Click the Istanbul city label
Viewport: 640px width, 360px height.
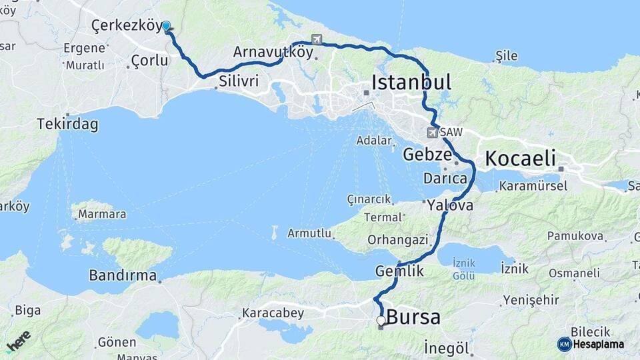(x=411, y=83)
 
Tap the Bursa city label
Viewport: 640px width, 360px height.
(x=413, y=318)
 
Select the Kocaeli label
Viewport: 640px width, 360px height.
(x=520, y=159)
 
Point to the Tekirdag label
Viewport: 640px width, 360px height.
(x=68, y=124)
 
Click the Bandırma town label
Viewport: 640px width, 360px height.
(x=123, y=275)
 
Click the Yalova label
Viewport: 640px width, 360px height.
(x=451, y=205)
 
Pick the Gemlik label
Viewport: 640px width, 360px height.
(x=400, y=271)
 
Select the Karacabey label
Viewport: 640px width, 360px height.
(x=273, y=313)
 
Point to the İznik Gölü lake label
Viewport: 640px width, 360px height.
(x=463, y=269)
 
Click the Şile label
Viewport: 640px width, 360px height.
(x=507, y=56)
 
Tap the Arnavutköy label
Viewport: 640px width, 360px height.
(x=273, y=52)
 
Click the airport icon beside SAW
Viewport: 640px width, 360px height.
(x=432, y=133)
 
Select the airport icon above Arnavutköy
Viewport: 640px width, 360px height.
(x=316, y=39)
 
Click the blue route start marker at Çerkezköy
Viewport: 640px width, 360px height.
(x=166, y=27)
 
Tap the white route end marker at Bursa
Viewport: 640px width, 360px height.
(x=381, y=321)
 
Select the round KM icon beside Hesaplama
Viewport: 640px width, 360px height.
(x=564, y=344)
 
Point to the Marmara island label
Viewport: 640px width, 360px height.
(x=102, y=215)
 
